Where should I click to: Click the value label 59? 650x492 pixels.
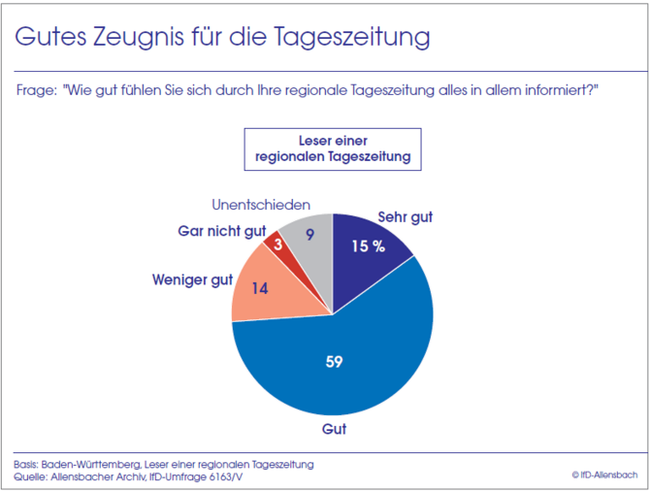pos(334,362)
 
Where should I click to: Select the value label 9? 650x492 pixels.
pos(309,233)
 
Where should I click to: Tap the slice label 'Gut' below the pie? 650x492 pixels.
pos(334,428)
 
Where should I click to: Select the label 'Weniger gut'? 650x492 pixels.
pos(192,280)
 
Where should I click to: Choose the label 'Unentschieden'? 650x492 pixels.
pos(261,206)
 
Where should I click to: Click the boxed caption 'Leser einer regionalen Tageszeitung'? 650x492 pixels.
pos(332,148)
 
